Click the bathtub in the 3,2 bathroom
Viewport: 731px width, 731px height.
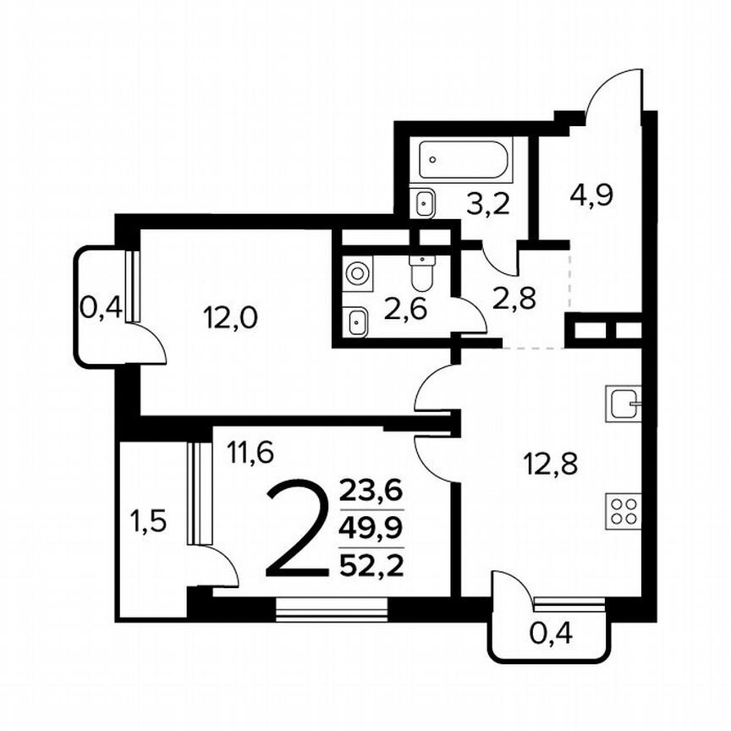[465, 160]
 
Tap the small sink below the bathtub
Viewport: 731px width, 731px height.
[426, 202]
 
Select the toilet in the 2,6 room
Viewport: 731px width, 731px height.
[420, 272]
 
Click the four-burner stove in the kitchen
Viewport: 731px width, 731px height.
[624, 511]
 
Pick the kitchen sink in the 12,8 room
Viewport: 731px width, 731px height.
[624, 403]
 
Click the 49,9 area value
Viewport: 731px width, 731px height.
[371, 526]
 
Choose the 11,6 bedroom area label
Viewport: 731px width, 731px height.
[250, 453]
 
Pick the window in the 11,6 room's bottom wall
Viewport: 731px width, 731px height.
[332, 607]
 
